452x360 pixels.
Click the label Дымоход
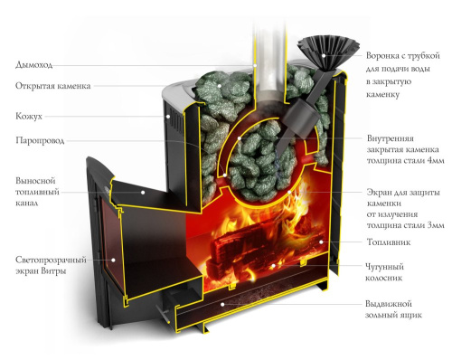(33, 65)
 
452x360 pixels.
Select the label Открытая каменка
(51, 88)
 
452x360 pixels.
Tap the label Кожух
(29, 117)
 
